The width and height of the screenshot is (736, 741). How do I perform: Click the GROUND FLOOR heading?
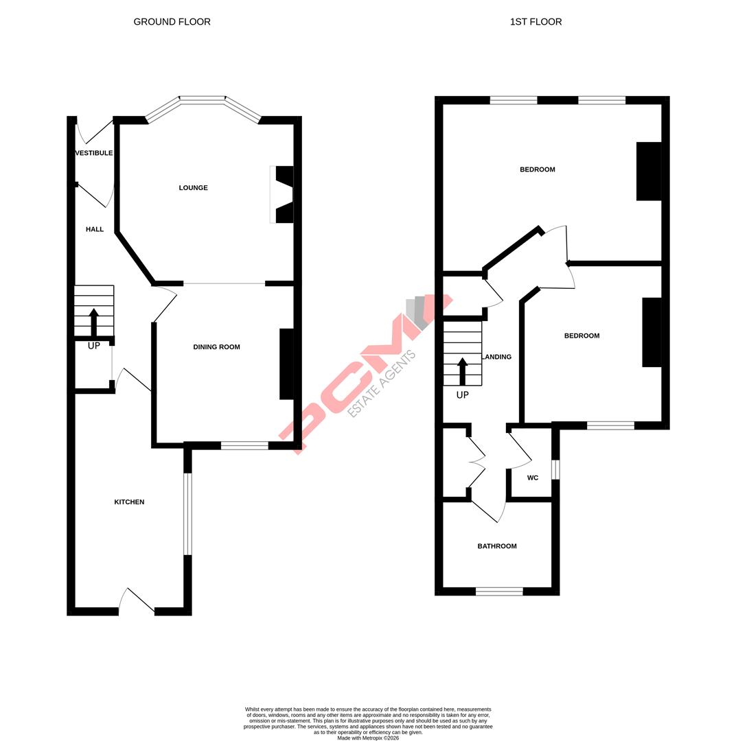coord(172,22)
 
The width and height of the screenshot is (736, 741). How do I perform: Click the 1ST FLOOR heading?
coord(536,22)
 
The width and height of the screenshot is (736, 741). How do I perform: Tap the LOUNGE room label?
coord(193,188)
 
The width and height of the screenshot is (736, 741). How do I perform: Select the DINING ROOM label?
coord(216,347)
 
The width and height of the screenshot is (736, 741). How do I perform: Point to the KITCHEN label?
coord(129,502)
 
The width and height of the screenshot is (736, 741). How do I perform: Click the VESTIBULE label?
coord(94,153)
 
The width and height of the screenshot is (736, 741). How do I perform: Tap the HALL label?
coord(95,229)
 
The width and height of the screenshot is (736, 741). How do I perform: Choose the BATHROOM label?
coord(497,546)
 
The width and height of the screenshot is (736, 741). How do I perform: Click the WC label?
coord(533,478)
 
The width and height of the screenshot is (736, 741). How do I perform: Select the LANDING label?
coord(497,357)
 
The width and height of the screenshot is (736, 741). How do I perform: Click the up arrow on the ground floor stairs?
coord(94,322)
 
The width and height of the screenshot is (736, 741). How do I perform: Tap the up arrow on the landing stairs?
coord(462,371)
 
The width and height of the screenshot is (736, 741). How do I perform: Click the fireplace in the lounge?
coord(283,195)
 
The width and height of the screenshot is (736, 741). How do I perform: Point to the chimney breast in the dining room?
coord(286,364)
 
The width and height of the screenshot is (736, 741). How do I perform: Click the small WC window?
coord(556,470)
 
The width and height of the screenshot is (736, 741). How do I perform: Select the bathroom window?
coord(499,591)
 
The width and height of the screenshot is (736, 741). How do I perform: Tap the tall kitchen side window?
coord(187,513)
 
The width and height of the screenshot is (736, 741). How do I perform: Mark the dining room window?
coord(244,446)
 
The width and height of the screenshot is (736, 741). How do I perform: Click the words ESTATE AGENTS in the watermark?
coord(382,384)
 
